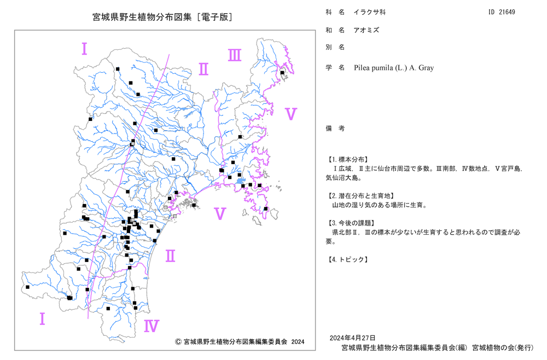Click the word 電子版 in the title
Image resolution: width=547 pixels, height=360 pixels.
[x=214, y=17]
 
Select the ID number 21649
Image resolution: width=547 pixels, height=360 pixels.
[x=507, y=12]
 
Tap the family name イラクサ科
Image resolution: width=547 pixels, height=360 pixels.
[x=370, y=12]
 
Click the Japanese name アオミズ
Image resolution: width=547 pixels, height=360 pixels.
[x=366, y=30]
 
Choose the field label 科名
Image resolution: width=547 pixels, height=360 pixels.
[x=335, y=12]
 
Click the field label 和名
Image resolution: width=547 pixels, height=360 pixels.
[x=335, y=30]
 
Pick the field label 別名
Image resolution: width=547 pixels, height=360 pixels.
[x=335, y=47]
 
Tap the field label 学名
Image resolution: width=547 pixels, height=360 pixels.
[x=335, y=68]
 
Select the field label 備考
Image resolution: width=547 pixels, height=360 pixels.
[x=335, y=129]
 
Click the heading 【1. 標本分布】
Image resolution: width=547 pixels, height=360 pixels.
[x=347, y=159]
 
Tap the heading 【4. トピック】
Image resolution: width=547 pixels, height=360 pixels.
[x=347, y=259]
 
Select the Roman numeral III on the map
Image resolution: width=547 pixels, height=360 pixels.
[x=235, y=55]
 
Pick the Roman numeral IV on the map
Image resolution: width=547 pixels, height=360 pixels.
[x=152, y=326]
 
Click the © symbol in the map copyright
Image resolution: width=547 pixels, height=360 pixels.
[x=178, y=342]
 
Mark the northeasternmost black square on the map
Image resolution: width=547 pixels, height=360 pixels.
[x=282, y=73]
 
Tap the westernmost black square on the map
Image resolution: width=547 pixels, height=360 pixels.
[x=27, y=287]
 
